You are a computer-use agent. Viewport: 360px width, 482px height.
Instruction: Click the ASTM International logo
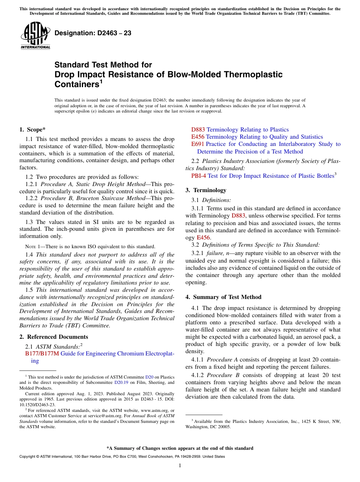35,36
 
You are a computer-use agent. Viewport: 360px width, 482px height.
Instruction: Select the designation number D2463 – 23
93,33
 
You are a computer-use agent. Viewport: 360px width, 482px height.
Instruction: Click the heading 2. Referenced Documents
53,337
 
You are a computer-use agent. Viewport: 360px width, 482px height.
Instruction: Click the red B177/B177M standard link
42,354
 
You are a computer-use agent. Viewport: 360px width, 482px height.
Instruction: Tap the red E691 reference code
198,144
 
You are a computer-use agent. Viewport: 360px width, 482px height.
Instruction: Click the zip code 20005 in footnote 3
223,427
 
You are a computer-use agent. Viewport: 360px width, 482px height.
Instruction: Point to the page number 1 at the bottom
180,466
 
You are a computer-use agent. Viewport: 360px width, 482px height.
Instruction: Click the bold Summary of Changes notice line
180,448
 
